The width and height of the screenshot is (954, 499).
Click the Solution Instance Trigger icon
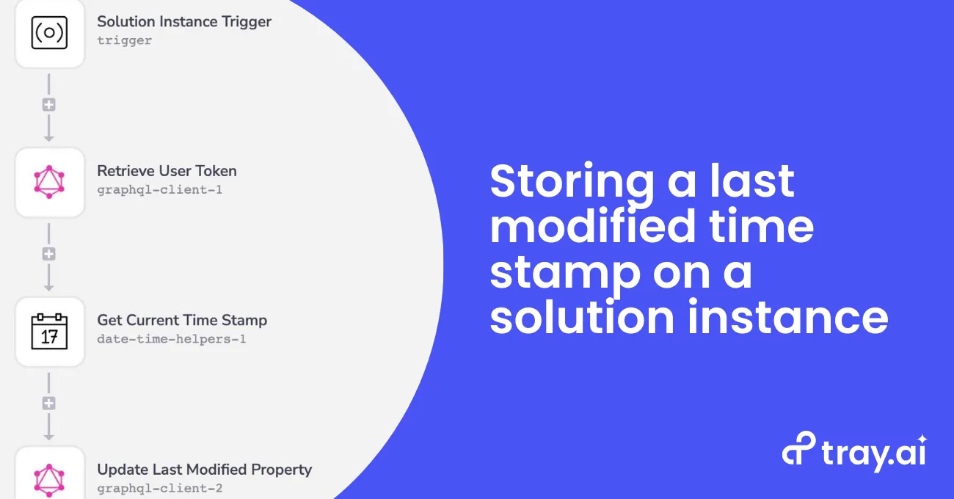click(x=49, y=33)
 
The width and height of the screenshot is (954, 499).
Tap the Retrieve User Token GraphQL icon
click(x=49, y=182)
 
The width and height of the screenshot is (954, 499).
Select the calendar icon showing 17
click(x=49, y=331)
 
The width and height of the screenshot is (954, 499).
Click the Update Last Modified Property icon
click(x=49, y=480)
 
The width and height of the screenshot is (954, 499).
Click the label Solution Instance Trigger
click(x=184, y=22)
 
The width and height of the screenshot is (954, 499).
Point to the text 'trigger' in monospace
click(x=124, y=40)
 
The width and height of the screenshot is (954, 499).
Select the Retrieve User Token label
click(x=167, y=171)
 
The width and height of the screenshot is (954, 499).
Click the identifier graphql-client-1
click(x=160, y=190)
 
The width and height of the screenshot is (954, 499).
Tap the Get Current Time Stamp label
click(x=182, y=320)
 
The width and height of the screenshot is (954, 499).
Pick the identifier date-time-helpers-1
click(x=172, y=339)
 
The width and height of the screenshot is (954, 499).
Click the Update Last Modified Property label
click(x=205, y=470)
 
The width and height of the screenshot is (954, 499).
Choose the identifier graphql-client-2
click(x=160, y=488)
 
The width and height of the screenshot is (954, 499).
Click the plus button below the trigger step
click(x=49, y=105)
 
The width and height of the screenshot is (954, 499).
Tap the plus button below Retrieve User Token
click(x=49, y=254)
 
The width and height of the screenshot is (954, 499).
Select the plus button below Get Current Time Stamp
click(x=49, y=403)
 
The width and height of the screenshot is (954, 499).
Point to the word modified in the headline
click(x=593, y=226)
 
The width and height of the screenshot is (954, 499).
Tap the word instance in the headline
click(x=788, y=317)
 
